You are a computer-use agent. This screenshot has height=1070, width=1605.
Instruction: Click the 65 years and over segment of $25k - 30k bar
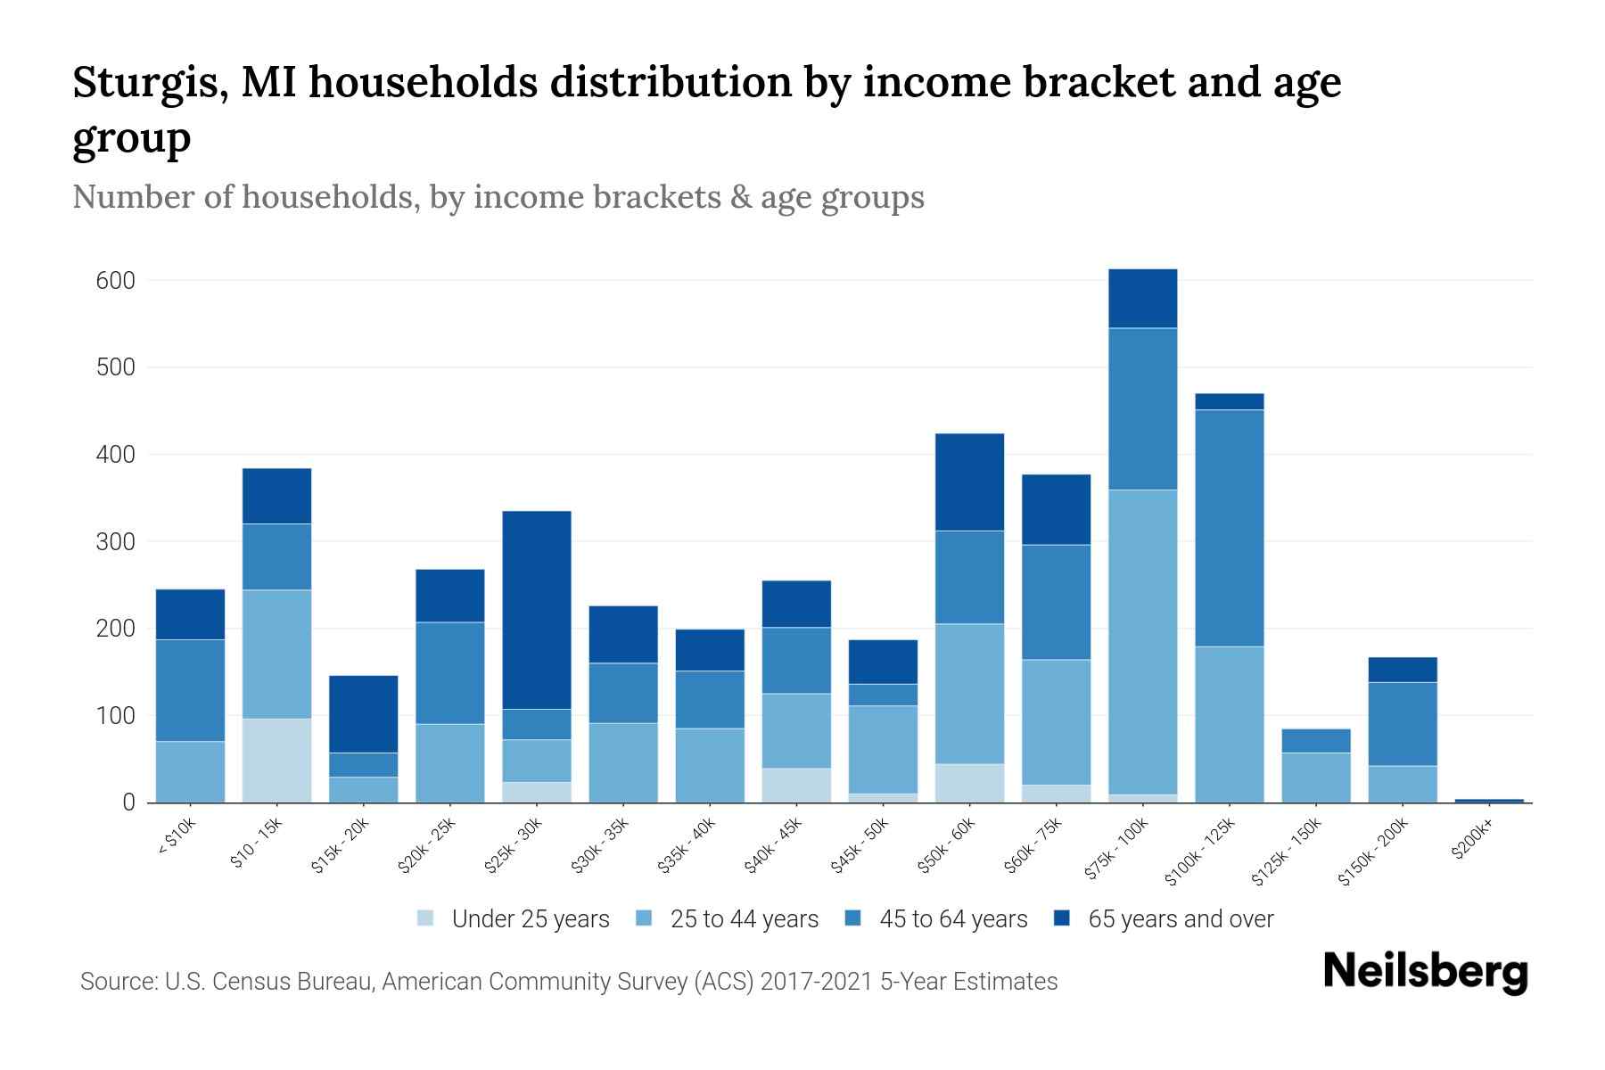click(537, 610)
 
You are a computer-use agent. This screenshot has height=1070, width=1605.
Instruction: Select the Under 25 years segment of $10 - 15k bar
click(276, 761)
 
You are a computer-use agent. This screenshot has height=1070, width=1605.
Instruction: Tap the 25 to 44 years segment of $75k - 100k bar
click(1142, 642)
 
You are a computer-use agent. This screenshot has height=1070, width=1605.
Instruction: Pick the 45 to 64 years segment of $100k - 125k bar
click(1229, 528)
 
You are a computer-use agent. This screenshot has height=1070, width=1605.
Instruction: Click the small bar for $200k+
click(1488, 800)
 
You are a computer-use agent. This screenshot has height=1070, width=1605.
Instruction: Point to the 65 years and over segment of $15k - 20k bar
click(363, 714)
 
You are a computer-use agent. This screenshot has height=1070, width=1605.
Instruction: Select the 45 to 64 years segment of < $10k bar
click(190, 690)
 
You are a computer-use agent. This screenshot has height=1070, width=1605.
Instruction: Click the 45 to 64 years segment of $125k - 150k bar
click(1315, 741)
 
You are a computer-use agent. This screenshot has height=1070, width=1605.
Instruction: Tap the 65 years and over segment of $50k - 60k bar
click(969, 482)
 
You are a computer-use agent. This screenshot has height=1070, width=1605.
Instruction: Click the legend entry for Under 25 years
click(514, 919)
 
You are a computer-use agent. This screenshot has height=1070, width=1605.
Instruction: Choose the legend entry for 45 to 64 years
click(936, 919)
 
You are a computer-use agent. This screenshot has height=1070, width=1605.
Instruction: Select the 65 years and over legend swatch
click(1062, 918)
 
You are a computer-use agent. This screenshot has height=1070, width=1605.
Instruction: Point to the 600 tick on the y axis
click(115, 281)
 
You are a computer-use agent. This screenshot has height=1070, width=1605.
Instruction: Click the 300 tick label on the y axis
click(115, 542)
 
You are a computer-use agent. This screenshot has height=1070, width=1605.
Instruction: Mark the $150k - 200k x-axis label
click(1372, 852)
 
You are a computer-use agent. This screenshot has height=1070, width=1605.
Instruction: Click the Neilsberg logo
click(1425, 972)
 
